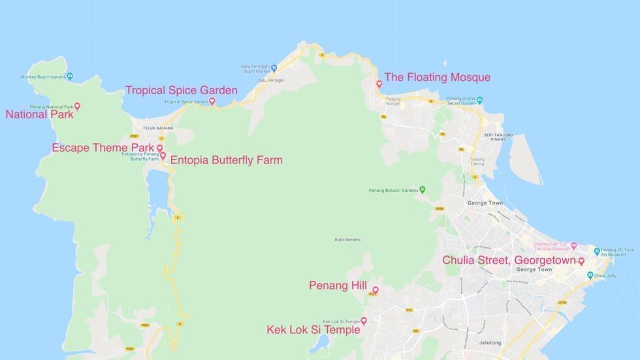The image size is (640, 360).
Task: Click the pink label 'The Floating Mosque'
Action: pos(437,77)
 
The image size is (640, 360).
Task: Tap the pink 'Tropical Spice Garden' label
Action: pos(181,90)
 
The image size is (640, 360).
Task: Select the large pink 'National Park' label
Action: pos(39,114)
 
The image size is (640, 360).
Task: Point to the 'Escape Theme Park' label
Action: pos(103,148)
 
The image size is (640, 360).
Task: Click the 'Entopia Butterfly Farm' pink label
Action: pos(226,159)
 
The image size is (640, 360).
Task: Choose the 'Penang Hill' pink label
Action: pos(338,286)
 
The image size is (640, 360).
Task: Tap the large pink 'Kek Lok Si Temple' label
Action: pos(313,330)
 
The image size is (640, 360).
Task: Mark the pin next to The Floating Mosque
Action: pos(379,84)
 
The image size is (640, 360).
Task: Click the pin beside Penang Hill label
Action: pos(376,289)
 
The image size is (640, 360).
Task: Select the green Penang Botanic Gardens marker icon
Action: pos(423,190)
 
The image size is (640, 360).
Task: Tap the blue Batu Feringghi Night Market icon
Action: pos(274,67)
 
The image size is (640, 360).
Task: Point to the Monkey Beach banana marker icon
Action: pos(70,76)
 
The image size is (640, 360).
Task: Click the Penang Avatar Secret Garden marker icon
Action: pos(479,101)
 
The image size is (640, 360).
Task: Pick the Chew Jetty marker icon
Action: pos(590,275)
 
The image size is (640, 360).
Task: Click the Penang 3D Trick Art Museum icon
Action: pos(597,251)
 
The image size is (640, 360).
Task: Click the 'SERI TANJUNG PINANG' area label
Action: pos(498,138)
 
